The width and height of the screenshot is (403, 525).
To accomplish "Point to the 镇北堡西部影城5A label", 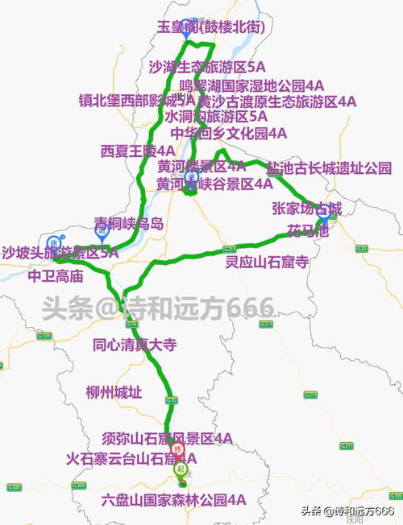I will click(136, 101).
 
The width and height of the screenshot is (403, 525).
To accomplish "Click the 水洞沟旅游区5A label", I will click(217, 117).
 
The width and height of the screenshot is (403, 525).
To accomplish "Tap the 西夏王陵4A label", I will click(138, 151).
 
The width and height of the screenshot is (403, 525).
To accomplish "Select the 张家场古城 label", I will click(307, 209).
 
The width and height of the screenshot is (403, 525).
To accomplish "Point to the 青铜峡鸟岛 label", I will click(129, 223).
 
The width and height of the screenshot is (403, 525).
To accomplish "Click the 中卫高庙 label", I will click(56, 275).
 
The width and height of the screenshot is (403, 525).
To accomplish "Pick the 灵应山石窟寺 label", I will click(267, 262).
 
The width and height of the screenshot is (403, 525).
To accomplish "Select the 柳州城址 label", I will click(114, 393).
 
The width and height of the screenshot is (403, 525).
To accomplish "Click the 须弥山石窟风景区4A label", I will click(168, 439).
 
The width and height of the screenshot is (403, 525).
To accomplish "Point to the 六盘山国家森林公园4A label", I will click(173, 500).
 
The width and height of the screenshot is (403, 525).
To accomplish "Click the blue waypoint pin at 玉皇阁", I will click(186, 25).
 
